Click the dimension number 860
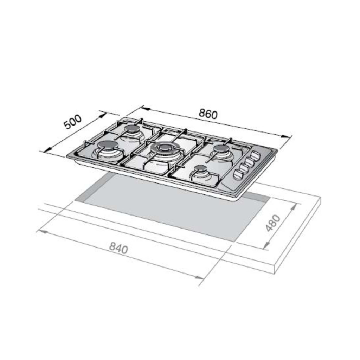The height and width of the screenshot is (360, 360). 208,114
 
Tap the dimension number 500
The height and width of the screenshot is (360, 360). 72,122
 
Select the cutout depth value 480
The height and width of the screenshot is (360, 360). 273,223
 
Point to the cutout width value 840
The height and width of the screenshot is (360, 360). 118,248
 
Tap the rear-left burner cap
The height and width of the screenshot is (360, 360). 132,129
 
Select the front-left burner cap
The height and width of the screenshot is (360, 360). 108,145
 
